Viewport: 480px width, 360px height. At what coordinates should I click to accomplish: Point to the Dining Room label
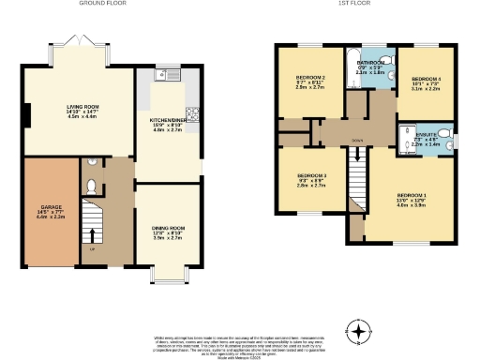coord(168,232)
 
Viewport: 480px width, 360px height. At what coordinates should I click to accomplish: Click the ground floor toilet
coord(91,187)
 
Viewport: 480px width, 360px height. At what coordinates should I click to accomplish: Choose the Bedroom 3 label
coord(311,180)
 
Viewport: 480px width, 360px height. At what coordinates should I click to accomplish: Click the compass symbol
coord(356,331)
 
